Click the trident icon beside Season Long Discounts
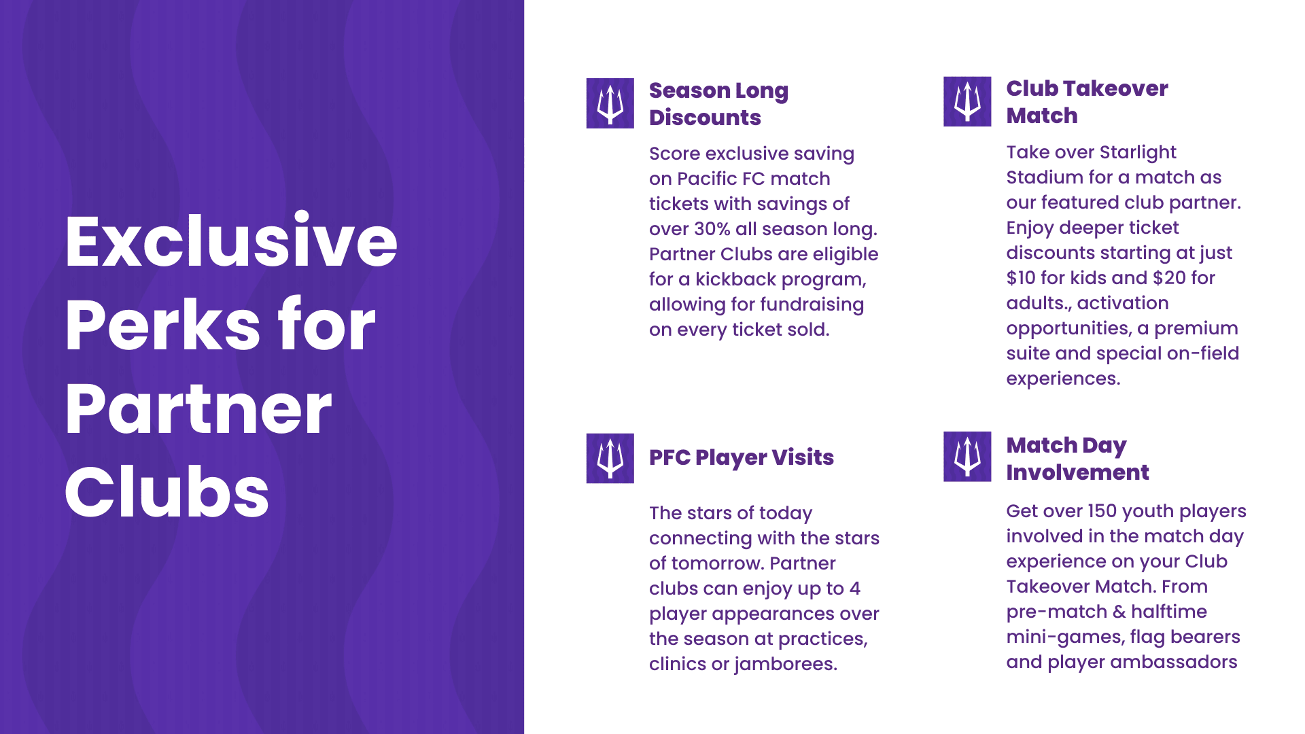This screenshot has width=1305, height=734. pyautogui.click(x=610, y=103)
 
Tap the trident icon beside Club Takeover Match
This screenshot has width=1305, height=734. pyautogui.click(x=967, y=101)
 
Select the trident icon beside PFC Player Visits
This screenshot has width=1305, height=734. pyautogui.click(x=610, y=458)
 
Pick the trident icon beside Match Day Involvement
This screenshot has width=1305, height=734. pyautogui.click(x=967, y=457)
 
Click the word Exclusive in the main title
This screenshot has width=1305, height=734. pyautogui.click(x=231, y=241)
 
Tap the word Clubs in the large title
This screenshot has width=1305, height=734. pyautogui.click(x=167, y=492)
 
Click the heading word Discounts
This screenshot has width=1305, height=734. pyautogui.click(x=705, y=118)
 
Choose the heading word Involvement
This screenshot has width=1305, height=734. pyautogui.click(x=1077, y=472)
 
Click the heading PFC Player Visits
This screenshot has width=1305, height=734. pyautogui.click(x=742, y=458)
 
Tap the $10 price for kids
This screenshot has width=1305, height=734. pyautogui.click(x=1021, y=278)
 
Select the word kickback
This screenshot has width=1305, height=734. pyautogui.click(x=735, y=279)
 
